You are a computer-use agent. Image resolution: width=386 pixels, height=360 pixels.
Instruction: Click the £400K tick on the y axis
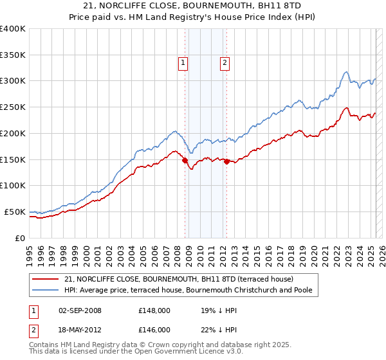[13, 29]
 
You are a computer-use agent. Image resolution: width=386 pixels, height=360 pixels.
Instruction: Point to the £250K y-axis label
[13, 107]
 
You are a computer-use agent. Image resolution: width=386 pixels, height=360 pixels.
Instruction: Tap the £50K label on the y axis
[15, 212]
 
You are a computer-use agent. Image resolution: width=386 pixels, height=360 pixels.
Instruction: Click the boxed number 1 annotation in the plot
[183, 63]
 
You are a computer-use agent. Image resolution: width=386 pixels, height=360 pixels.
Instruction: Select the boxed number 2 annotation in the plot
[225, 63]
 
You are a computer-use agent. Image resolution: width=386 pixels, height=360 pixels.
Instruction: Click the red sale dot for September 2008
[185, 161]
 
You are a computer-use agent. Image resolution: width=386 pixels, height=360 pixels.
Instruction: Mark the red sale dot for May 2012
[226, 162]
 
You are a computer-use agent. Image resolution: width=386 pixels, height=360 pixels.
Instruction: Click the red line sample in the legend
[46, 280]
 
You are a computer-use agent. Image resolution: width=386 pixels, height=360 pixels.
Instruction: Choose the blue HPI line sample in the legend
[46, 291]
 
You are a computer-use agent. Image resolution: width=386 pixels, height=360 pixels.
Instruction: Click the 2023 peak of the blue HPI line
[346, 71]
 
